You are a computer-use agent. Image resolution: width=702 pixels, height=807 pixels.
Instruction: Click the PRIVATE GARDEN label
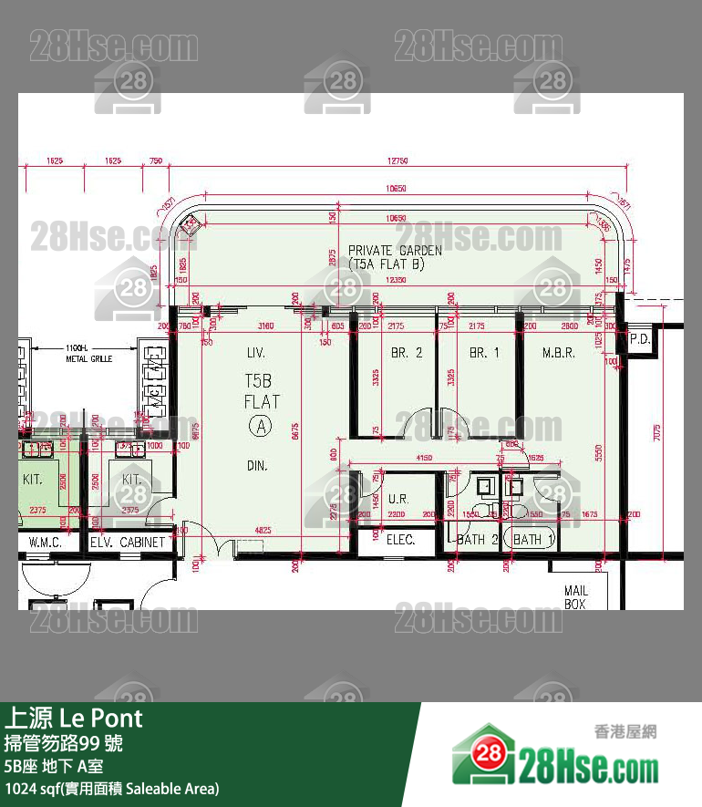395,250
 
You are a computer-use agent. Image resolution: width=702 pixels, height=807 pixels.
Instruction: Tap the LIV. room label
255,352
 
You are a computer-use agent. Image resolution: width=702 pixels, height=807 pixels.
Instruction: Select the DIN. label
257,466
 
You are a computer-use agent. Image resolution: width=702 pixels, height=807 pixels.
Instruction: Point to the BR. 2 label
407,353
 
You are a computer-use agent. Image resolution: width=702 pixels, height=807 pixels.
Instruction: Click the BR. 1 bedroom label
479,353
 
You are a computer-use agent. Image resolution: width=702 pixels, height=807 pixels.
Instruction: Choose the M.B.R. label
558,353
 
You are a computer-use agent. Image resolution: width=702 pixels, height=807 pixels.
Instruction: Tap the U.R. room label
397,500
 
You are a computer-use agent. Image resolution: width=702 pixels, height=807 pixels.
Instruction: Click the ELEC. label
400,540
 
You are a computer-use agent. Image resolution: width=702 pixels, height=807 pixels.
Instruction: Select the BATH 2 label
472,540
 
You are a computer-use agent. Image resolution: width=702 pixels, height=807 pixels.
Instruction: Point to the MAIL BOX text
575,597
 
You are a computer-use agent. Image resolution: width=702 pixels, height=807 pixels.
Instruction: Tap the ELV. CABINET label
128,542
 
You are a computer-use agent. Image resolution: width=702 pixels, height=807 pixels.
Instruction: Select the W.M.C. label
44,542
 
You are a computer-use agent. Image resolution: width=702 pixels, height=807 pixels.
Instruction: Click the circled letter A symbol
261,425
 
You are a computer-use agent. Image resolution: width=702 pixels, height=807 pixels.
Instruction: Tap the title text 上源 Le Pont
75,718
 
